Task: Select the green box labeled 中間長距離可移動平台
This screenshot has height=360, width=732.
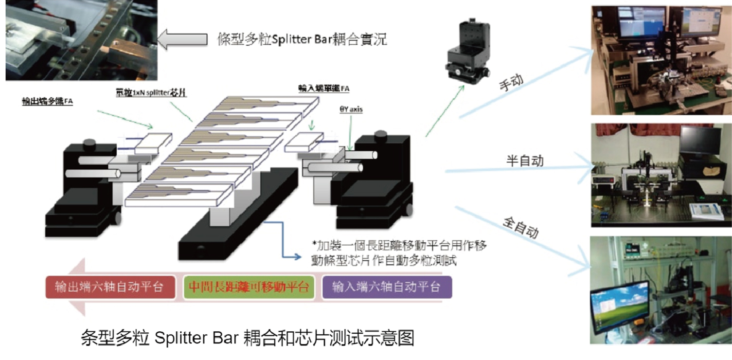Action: point(249,287)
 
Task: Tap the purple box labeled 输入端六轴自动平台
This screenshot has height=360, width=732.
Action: point(387,287)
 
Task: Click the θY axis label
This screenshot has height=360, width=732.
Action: point(351,110)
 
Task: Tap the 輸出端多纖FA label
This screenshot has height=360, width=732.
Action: point(47,102)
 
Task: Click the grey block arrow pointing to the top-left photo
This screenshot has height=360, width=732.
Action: point(183,39)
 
